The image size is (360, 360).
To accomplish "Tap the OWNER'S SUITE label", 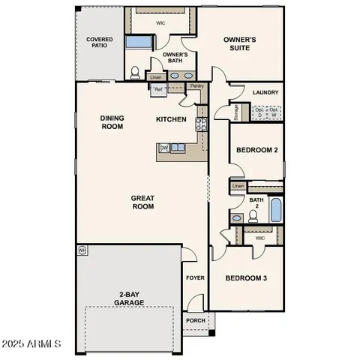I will [241, 43].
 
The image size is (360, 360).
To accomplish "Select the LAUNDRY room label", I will [266, 93].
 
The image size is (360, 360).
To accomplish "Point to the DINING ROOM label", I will [112, 122].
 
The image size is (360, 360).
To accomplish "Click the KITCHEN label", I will [171, 119].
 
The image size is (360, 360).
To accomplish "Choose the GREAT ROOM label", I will [142, 202].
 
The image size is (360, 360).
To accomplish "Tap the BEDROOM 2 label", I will [257, 150].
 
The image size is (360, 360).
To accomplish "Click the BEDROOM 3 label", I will [247, 278].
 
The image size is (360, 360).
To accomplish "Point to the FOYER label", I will [195, 278].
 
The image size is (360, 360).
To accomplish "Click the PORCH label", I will [195, 320].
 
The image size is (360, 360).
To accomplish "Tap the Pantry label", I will [196, 86].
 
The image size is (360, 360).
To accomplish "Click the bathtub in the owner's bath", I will [138, 42].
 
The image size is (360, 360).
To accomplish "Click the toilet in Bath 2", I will [253, 216].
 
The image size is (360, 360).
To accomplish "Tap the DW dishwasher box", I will [164, 148].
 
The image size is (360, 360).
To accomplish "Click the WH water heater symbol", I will [82, 250].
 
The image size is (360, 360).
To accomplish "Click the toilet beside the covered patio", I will [136, 73].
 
